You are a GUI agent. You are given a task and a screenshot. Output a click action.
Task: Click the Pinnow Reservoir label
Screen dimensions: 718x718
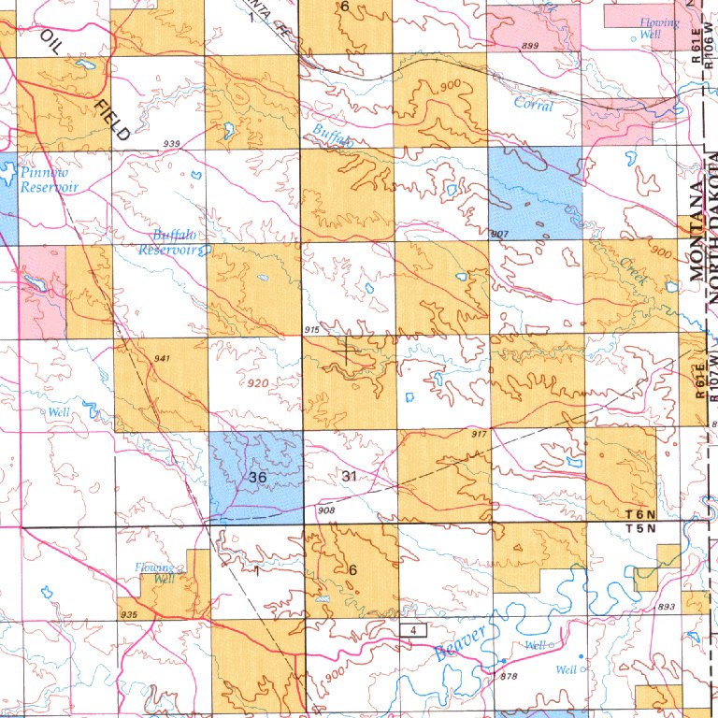pyautogui.click(x=50, y=180)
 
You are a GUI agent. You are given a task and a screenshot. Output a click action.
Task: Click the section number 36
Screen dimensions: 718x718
pyautogui.click(x=260, y=477)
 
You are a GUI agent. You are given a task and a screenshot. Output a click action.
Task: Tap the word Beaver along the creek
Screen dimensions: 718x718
pyautogui.click(x=461, y=645)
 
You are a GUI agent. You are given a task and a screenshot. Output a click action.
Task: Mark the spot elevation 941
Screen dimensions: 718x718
pyautogui.click(x=162, y=358)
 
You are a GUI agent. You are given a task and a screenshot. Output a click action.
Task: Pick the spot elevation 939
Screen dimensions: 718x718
pyautogui.click(x=171, y=143)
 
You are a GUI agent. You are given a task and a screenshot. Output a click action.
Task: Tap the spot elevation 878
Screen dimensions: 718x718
pyautogui.click(x=509, y=676)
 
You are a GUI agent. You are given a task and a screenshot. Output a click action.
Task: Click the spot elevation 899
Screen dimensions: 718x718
pyautogui.click(x=530, y=46)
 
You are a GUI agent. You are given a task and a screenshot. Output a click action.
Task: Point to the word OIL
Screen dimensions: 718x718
pyautogui.click(x=50, y=44)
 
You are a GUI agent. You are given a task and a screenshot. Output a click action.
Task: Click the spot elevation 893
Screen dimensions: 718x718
pyautogui.click(x=667, y=607)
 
